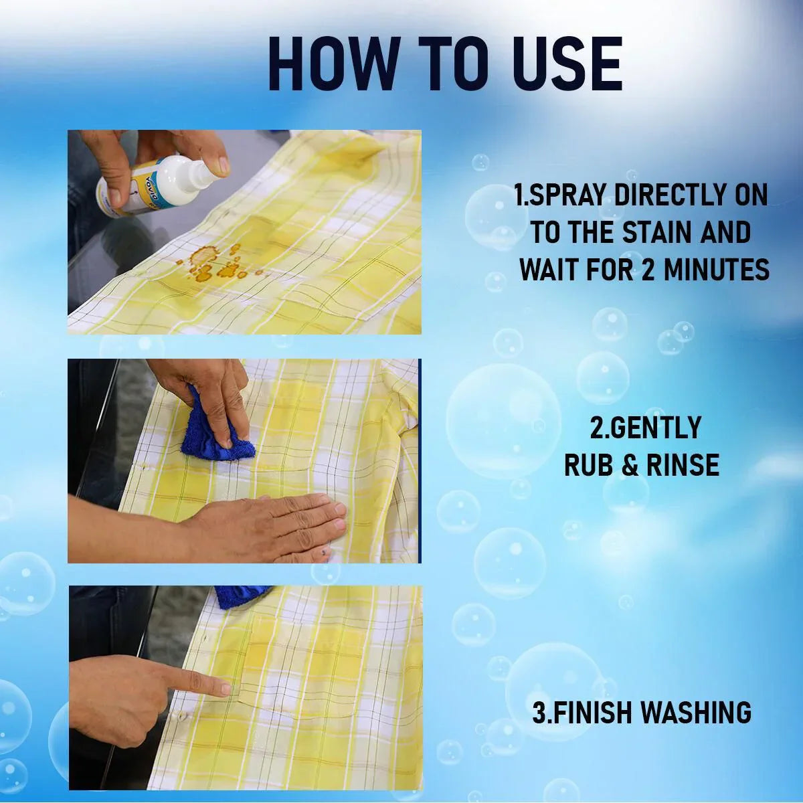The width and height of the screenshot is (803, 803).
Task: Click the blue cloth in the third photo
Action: coord(241,596)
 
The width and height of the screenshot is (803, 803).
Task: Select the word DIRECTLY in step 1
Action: coord(669,195)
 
